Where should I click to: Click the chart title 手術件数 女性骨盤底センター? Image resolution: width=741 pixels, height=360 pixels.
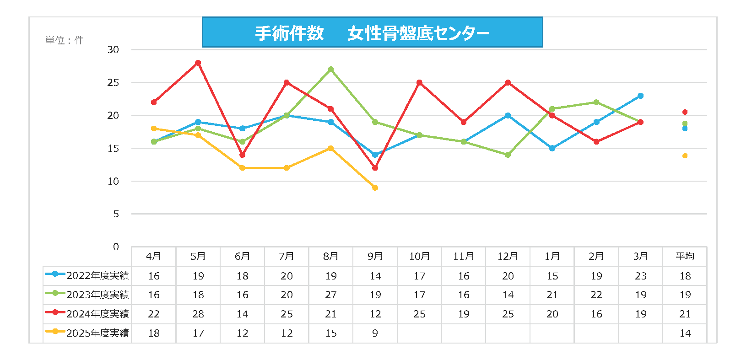point(372,32)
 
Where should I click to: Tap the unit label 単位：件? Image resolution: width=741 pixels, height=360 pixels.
point(65,40)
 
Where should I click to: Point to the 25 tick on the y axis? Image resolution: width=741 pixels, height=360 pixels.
point(113,83)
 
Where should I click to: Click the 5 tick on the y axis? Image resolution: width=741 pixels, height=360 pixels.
point(116,214)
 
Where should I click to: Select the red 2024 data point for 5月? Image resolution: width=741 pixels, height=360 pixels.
point(198,63)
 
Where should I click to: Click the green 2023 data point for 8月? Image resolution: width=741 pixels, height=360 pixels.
point(330,70)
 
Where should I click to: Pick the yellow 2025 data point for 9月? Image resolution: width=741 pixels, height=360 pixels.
point(375,188)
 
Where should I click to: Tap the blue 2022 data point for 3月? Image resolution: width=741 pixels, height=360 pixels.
point(640,96)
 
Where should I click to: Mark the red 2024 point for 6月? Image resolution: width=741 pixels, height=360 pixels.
point(242,155)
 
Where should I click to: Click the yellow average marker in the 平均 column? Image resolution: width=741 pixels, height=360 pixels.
point(685,156)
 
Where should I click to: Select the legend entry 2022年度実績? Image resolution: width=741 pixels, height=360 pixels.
point(87,275)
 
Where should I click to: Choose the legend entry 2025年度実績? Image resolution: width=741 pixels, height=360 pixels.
point(87,333)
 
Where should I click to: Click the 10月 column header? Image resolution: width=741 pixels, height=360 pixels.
point(419,257)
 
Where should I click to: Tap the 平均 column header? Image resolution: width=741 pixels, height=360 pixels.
point(685,257)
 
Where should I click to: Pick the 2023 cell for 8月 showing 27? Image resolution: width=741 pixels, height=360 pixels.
point(330,295)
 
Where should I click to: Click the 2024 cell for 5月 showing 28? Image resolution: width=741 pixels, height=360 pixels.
point(198,314)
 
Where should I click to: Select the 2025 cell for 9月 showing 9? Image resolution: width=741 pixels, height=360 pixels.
point(375,333)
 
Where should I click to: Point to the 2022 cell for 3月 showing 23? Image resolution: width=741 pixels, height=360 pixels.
point(640,276)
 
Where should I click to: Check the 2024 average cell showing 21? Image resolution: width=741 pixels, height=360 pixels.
point(685,314)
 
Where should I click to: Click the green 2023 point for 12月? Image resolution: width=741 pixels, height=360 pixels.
point(508,155)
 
